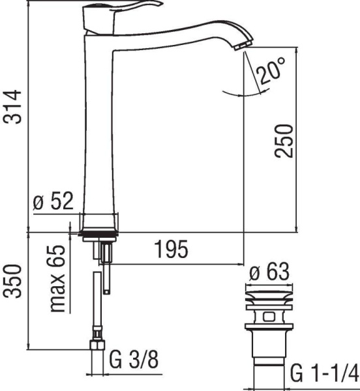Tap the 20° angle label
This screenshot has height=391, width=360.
[269, 70]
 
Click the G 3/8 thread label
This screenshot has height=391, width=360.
[134, 360]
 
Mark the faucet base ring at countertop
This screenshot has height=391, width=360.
[98, 231]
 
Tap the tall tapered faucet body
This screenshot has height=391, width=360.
[99, 130]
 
